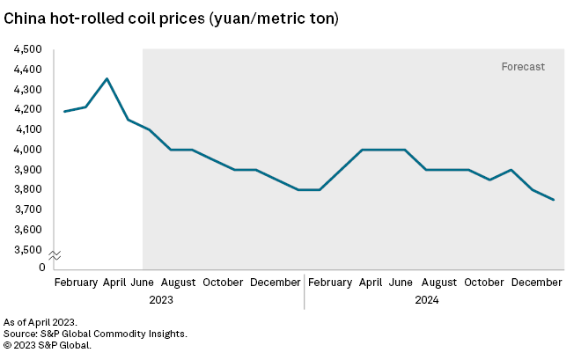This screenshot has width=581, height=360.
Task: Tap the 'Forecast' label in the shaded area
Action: click(523, 66)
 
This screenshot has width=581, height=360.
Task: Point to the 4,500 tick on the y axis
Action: click(29, 49)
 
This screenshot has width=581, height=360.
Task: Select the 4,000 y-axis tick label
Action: click(29, 150)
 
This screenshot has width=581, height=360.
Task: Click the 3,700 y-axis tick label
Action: click(29, 209)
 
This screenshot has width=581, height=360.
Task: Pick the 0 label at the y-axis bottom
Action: click(41, 267)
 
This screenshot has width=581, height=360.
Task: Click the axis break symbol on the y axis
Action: click(54, 255)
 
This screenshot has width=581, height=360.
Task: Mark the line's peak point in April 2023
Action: click(107, 78)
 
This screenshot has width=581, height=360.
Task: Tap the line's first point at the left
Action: click(65, 111)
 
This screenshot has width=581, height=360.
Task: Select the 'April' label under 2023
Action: click(114, 283)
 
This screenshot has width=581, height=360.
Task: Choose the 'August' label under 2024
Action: click(439, 283)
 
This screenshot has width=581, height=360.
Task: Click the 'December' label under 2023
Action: click(276, 283)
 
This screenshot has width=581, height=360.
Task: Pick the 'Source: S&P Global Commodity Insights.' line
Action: click(96, 334)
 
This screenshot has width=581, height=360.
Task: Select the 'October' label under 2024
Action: click(484, 283)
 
